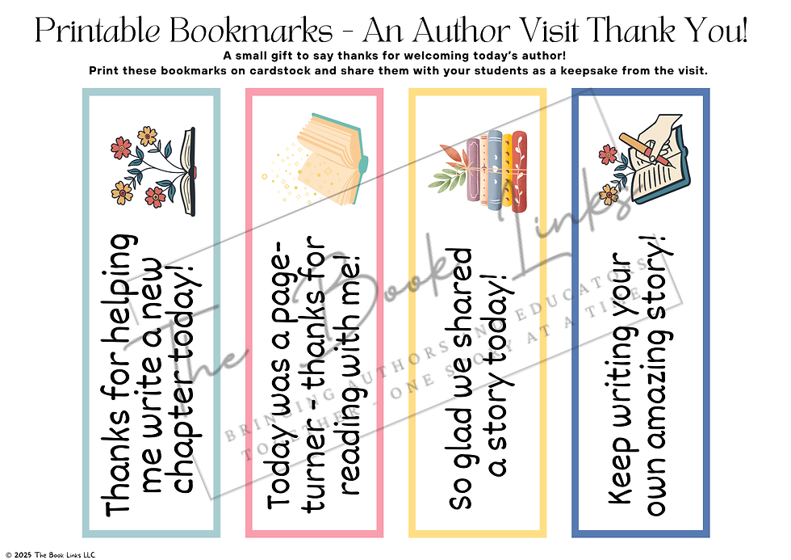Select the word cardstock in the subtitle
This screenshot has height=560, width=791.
[x=294, y=70]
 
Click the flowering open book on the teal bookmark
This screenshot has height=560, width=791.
[x=153, y=170]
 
